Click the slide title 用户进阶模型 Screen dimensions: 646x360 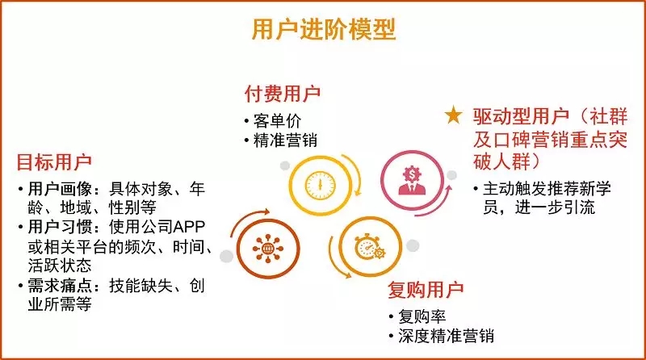point(324,29)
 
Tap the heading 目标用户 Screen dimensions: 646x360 point(54,162)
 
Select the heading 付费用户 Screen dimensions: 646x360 point(283,94)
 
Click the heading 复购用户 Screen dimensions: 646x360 point(426,290)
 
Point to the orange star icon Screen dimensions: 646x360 point(453,115)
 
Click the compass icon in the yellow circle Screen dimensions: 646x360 point(320,185)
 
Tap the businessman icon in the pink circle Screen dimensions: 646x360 point(412,180)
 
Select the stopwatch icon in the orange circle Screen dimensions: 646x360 point(369,247)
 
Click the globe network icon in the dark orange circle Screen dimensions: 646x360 point(268,249)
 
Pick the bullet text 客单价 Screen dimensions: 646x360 point(277,121)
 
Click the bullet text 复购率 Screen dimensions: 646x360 point(422,316)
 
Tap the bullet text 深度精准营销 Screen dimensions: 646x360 point(447,336)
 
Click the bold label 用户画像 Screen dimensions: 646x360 point(60,189)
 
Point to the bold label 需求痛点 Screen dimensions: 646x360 point(60,286)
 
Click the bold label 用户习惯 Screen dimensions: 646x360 point(60,227)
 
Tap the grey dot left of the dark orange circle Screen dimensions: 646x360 point(226,256)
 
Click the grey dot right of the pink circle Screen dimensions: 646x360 point(452,175)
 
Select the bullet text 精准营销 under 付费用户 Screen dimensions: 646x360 point(285,140)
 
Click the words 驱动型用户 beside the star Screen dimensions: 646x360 point(521,116)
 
